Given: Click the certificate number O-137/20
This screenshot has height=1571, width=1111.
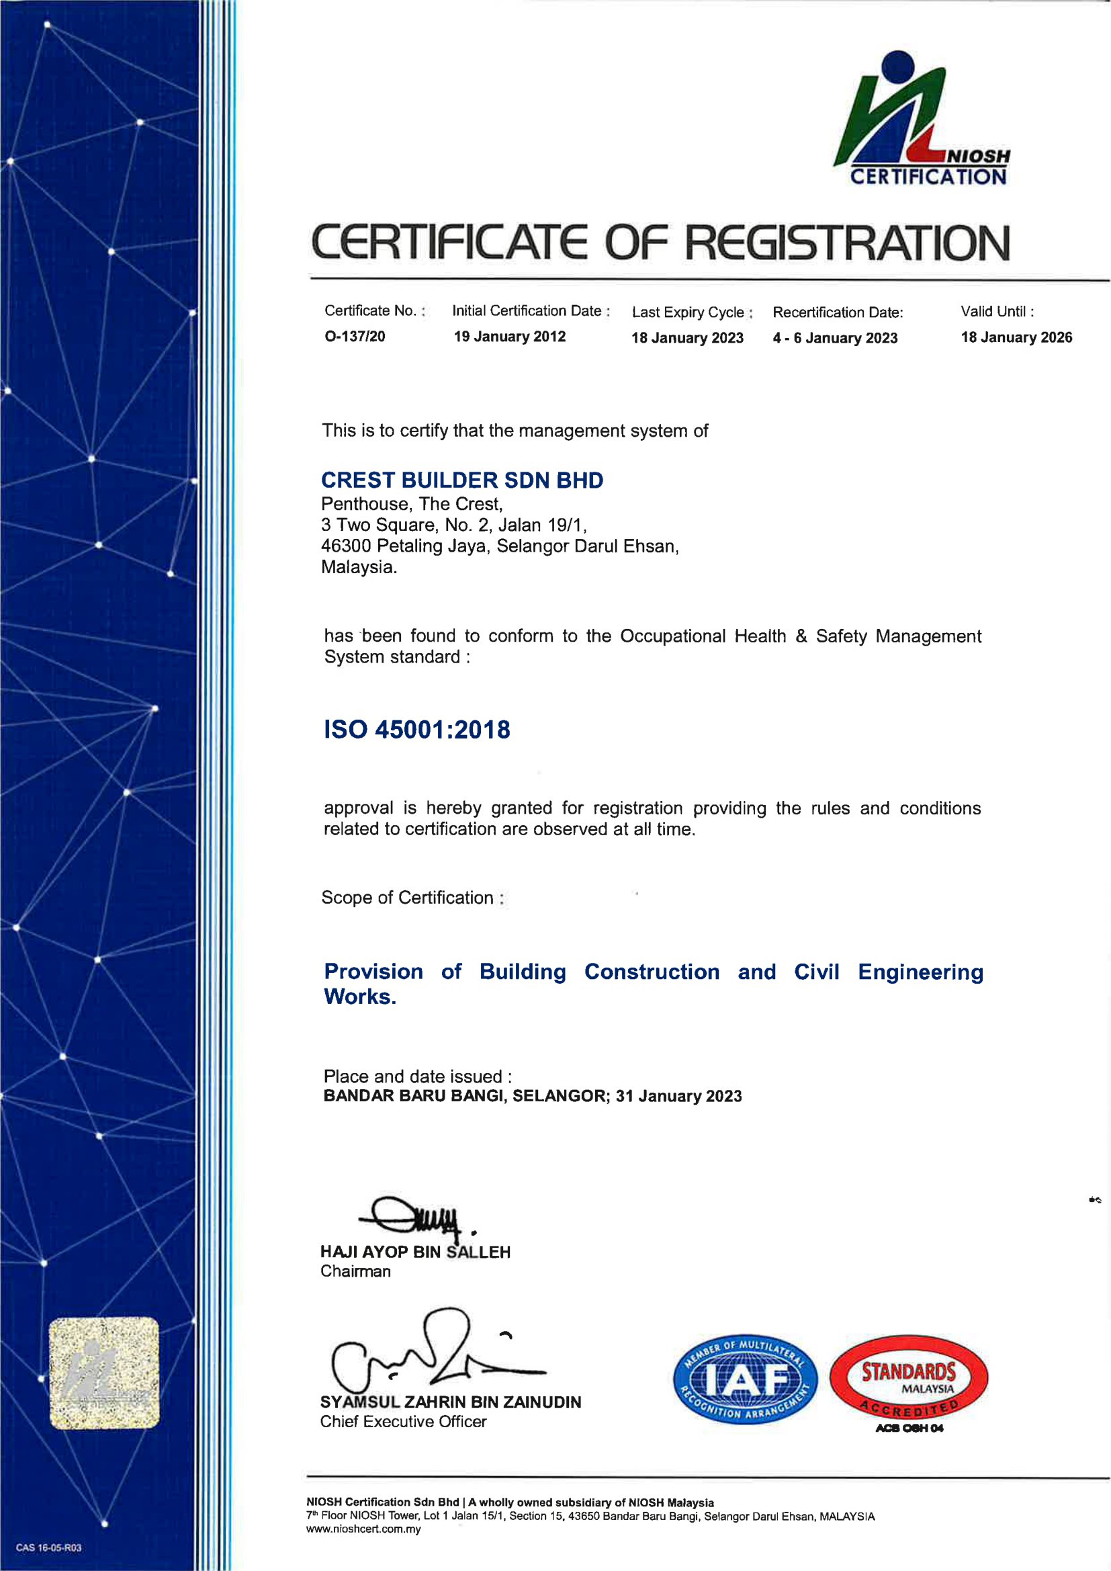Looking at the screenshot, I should point(355,336).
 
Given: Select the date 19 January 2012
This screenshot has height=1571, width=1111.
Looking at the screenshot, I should point(510,337).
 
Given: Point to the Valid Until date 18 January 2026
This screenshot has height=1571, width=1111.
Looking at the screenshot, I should point(1016,337).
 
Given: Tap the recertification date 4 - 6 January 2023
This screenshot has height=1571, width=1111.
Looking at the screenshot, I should point(835,338).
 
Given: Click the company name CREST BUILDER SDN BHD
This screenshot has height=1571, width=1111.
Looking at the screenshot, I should point(461,480).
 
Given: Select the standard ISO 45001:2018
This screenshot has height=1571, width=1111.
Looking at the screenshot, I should point(416,730).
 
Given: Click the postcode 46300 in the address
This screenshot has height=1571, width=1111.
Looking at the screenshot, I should point(346,546).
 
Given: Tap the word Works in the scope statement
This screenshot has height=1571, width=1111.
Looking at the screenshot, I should point(359,997).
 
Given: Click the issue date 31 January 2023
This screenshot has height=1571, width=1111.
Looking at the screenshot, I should point(678,1096).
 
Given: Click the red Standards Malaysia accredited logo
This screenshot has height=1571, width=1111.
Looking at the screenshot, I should point(909,1379).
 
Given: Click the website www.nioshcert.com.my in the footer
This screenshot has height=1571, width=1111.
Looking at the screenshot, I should point(363,1529).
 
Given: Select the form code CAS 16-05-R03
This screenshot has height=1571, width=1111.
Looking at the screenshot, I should point(48,1547).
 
